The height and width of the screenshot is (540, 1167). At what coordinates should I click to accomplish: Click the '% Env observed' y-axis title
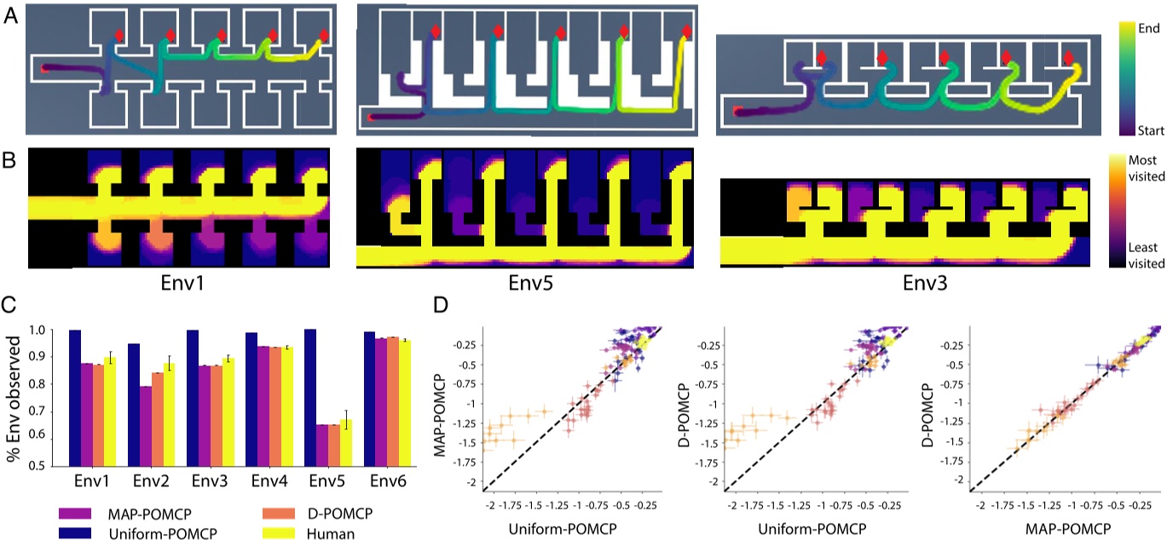click(x=11, y=399)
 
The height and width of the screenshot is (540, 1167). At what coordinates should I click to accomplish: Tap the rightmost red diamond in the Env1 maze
click(x=322, y=36)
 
